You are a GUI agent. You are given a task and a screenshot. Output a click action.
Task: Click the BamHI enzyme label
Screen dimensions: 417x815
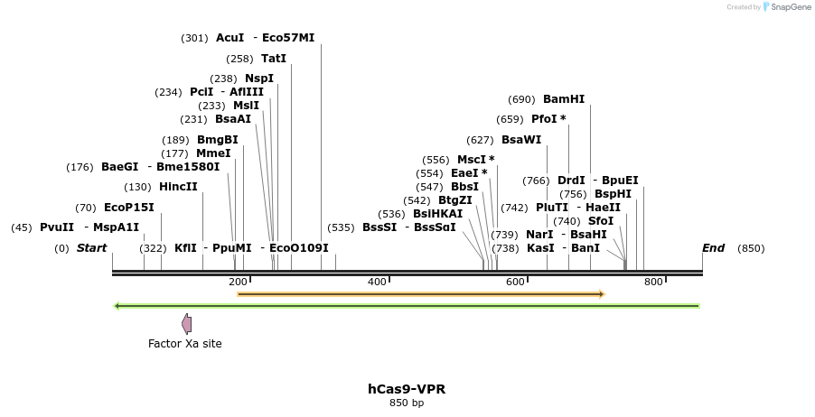click(564, 99)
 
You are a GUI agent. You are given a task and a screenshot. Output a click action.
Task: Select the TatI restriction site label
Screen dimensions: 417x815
click(273, 59)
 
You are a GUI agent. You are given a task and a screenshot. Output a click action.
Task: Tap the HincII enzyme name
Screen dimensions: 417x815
click(178, 187)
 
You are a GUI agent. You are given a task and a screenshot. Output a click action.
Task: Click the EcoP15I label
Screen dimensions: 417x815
click(128, 207)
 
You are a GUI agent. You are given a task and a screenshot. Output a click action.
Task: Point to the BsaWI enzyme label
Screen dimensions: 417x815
click(521, 140)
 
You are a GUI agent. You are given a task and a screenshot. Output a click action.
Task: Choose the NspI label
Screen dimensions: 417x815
click(258, 79)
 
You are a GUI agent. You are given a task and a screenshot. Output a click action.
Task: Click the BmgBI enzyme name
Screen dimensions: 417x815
click(217, 140)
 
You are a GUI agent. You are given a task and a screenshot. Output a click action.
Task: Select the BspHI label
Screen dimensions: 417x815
click(613, 194)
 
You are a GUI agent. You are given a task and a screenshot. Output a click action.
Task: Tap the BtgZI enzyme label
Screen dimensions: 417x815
click(455, 200)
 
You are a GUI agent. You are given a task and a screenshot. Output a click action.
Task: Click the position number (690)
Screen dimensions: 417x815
click(521, 99)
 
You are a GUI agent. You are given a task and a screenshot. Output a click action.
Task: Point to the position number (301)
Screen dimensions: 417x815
click(194, 38)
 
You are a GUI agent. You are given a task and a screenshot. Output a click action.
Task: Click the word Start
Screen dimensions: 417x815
click(91, 248)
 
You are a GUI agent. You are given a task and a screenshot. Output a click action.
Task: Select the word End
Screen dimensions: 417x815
click(713, 248)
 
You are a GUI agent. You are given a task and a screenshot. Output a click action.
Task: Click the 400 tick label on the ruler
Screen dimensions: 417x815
click(377, 283)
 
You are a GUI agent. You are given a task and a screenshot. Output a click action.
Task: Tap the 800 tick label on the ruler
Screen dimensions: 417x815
click(653, 283)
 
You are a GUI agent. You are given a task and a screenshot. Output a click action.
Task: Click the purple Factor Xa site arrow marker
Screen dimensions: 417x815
click(186, 323)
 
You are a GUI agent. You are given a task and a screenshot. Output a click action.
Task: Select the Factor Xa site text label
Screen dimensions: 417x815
click(184, 344)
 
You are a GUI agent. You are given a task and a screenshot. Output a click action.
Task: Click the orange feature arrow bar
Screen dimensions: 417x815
click(420, 294)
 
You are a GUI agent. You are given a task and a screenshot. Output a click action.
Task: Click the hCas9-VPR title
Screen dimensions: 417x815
click(406, 389)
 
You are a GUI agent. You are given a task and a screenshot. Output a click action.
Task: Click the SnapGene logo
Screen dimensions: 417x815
click(786, 7)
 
